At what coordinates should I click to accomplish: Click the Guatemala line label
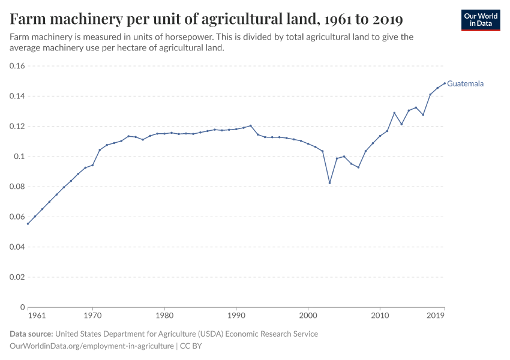(465, 84)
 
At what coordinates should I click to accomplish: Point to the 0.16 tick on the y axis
(16, 66)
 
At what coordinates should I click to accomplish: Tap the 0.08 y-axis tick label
(16, 187)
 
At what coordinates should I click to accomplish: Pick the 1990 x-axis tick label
(236, 315)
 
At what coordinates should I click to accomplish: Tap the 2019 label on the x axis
(436, 315)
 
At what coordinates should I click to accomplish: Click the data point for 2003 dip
(329, 183)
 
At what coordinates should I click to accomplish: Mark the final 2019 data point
(445, 83)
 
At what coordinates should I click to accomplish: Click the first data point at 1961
(28, 224)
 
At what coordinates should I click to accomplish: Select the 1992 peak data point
(250, 126)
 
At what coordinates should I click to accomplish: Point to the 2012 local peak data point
(394, 113)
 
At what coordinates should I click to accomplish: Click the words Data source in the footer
(31, 334)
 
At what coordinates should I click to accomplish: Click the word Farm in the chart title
(27, 19)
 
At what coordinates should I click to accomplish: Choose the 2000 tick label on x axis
(308, 315)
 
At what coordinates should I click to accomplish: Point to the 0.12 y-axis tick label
(16, 127)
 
